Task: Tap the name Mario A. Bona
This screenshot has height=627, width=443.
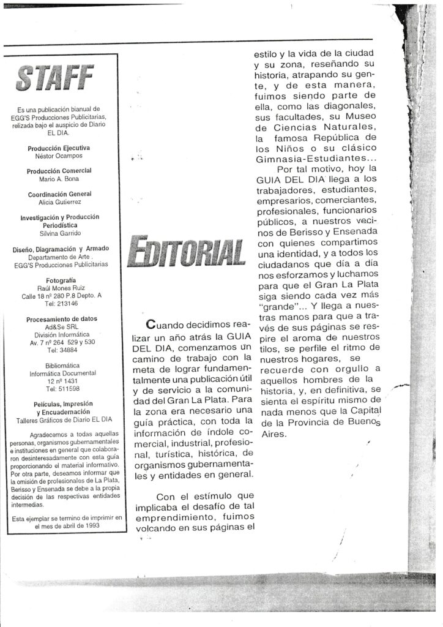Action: (x=59, y=180)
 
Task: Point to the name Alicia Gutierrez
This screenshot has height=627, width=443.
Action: (x=59, y=203)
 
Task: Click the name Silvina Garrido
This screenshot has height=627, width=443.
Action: (x=59, y=233)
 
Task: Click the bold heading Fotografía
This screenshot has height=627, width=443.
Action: (x=59, y=280)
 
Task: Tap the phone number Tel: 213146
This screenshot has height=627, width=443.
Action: (x=59, y=302)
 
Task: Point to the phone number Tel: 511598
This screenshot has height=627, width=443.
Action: (x=59, y=388)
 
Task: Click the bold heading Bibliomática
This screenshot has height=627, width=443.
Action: (x=59, y=365)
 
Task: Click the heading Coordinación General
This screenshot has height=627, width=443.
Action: (x=59, y=195)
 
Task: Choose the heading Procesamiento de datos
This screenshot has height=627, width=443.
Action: (x=59, y=318)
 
